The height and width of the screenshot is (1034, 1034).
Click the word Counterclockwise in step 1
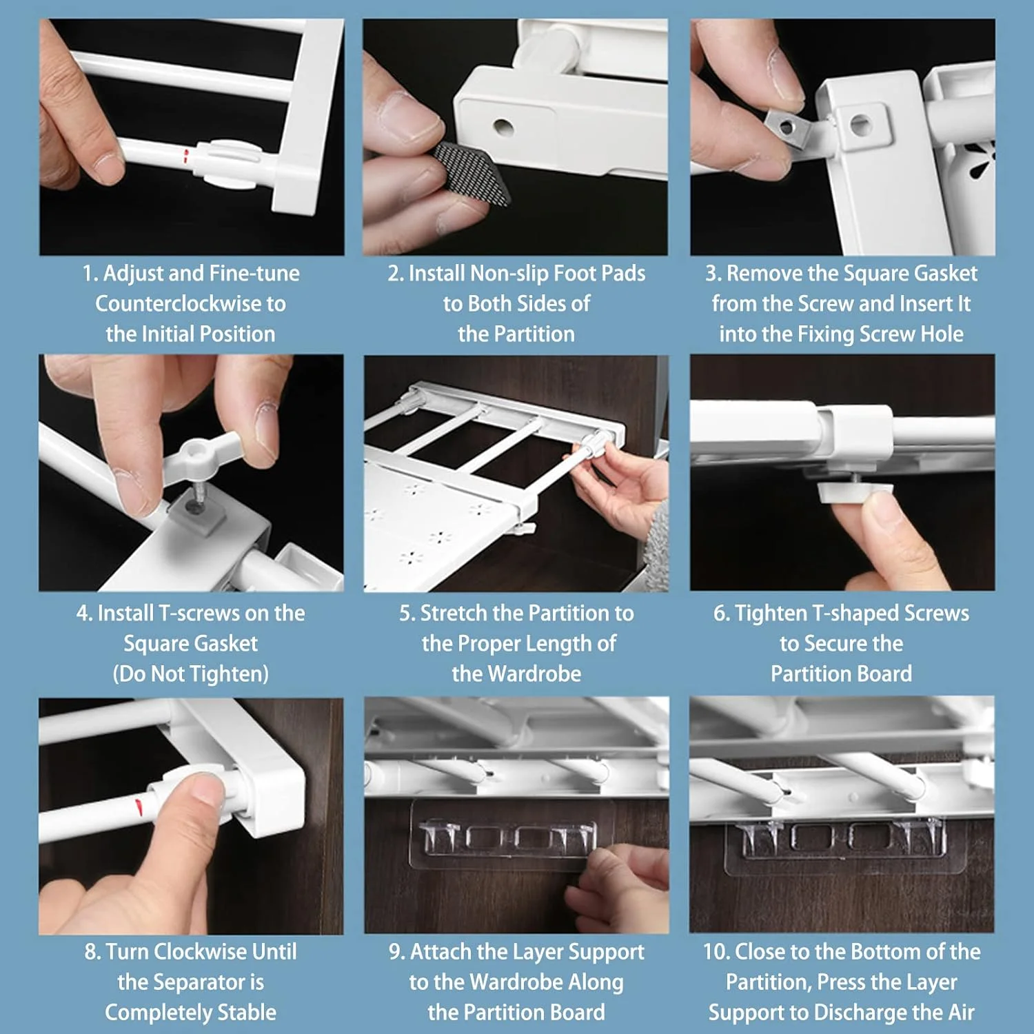click(x=190, y=303)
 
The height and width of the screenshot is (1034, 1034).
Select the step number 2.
click(x=395, y=274)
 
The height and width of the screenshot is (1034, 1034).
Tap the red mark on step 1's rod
click(x=185, y=156)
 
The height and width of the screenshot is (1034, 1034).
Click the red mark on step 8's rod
click(x=140, y=804)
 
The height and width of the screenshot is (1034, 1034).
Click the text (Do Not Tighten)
click(x=190, y=673)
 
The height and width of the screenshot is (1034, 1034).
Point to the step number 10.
click(x=716, y=952)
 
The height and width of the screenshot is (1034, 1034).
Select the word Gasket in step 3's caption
click(x=946, y=274)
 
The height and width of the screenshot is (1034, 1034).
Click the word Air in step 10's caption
click(x=961, y=1013)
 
